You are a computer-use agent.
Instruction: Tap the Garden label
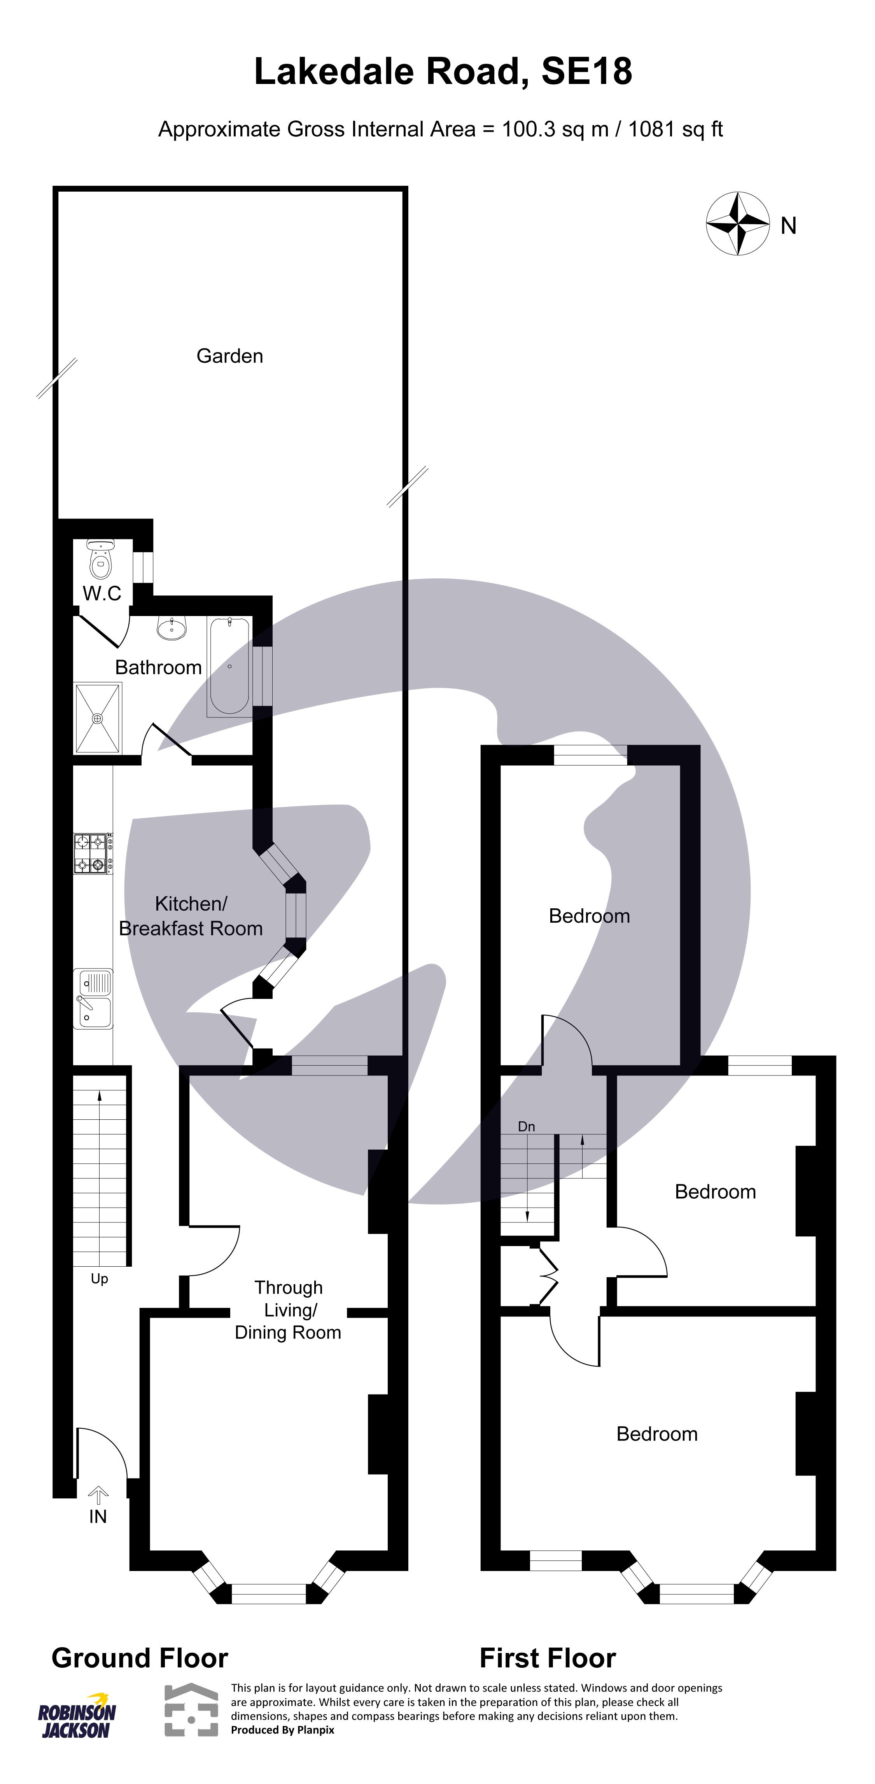[229, 356]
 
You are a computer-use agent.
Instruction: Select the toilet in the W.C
[100, 561]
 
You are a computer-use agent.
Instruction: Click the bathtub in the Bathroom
[229, 666]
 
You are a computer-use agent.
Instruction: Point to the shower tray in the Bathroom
[98, 718]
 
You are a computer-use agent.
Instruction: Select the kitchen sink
[93, 998]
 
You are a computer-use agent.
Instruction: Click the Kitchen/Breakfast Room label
[191, 916]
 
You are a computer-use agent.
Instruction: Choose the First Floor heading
[547, 1658]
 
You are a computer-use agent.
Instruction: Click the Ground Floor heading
[140, 1658]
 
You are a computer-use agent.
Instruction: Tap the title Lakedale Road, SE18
[443, 72]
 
